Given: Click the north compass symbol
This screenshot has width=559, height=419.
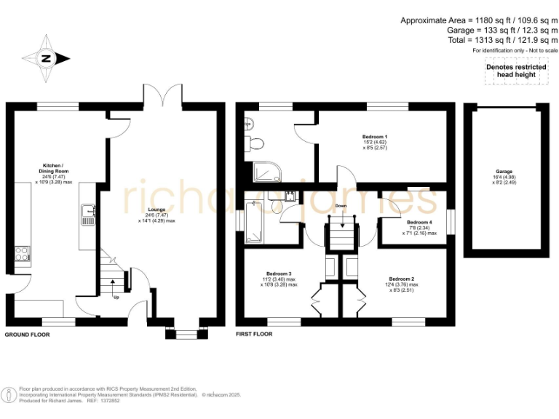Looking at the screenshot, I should pyautogui.click(x=46, y=59).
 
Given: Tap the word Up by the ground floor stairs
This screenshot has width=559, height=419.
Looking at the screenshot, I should pyautogui.click(x=114, y=297).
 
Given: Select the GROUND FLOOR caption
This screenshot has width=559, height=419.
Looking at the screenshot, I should pyautogui.click(x=28, y=335).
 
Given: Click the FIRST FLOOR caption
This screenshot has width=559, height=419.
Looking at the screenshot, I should pyautogui.click(x=254, y=335).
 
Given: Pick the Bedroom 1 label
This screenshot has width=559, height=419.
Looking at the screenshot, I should pyautogui.click(x=375, y=140).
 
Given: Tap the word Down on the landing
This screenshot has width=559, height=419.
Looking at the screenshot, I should pyautogui.click(x=341, y=206).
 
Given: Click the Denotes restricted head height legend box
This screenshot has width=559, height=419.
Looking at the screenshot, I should pyautogui.click(x=515, y=71).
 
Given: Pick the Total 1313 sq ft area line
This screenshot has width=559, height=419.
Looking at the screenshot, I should pyautogui.click(x=503, y=40).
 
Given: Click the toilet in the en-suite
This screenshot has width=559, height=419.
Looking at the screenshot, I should pyautogui.click(x=250, y=143).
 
